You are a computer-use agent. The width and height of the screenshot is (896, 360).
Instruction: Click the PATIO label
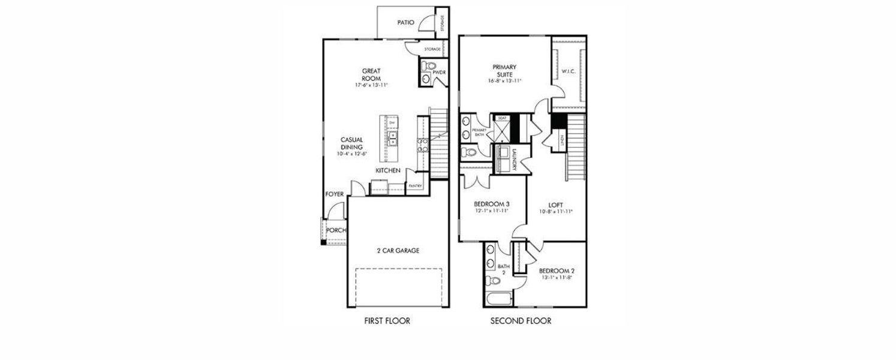(x=406, y=22)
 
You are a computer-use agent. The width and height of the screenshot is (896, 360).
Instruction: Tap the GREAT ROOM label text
(x=371, y=74)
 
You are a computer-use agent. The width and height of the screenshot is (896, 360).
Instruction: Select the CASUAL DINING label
(x=352, y=143)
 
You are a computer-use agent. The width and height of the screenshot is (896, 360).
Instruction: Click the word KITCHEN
(x=388, y=170)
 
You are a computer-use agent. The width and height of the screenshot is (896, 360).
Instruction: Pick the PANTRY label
(x=415, y=186)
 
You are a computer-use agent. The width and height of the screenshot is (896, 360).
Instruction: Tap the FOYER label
(x=335, y=194)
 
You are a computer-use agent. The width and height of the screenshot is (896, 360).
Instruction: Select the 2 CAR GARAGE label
(x=397, y=250)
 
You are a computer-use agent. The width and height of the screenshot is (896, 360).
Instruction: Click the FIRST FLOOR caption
(x=387, y=321)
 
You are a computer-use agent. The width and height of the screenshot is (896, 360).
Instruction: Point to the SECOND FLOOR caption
(x=521, y=321)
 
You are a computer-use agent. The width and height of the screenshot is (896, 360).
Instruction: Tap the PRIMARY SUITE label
(x=504, y=70)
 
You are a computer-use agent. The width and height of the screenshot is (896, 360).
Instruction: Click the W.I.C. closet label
(x=569, y=72)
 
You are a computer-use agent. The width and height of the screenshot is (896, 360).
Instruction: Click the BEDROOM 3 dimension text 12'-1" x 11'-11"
(x=492, y=211)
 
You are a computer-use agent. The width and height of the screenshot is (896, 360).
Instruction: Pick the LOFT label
(x=555, y=205)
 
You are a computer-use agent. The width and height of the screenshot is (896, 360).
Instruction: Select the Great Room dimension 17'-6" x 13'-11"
(x=371, y=85)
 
